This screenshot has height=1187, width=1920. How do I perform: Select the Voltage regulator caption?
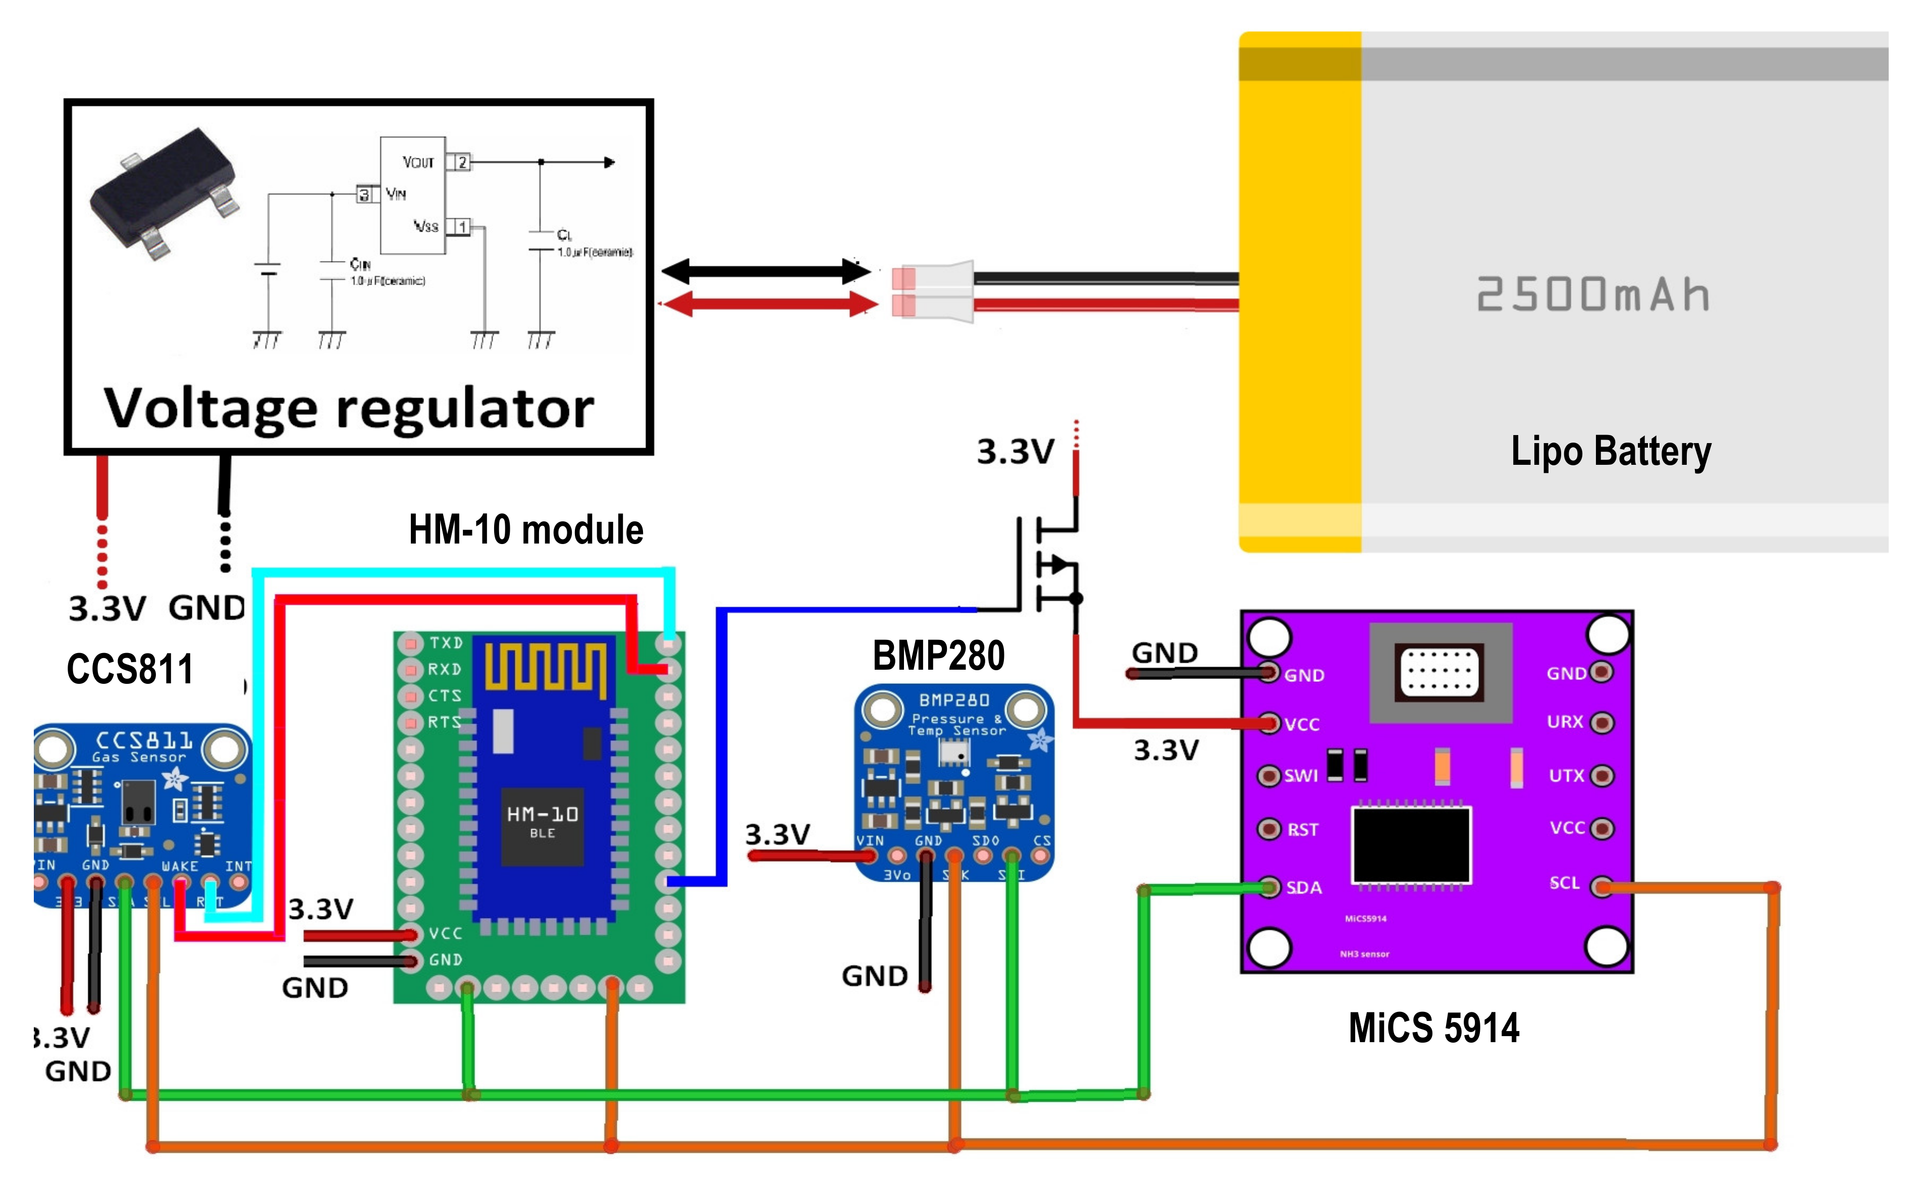click(x=349, y=408)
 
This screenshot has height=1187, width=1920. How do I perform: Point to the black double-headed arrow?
click(x=765, y=272)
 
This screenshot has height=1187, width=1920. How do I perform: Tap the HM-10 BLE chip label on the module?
click(x=543, y=821)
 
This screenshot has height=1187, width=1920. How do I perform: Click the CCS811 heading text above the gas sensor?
click(x=130, y=670)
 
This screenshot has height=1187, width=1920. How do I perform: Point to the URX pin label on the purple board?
click(x=1564, y=722)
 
